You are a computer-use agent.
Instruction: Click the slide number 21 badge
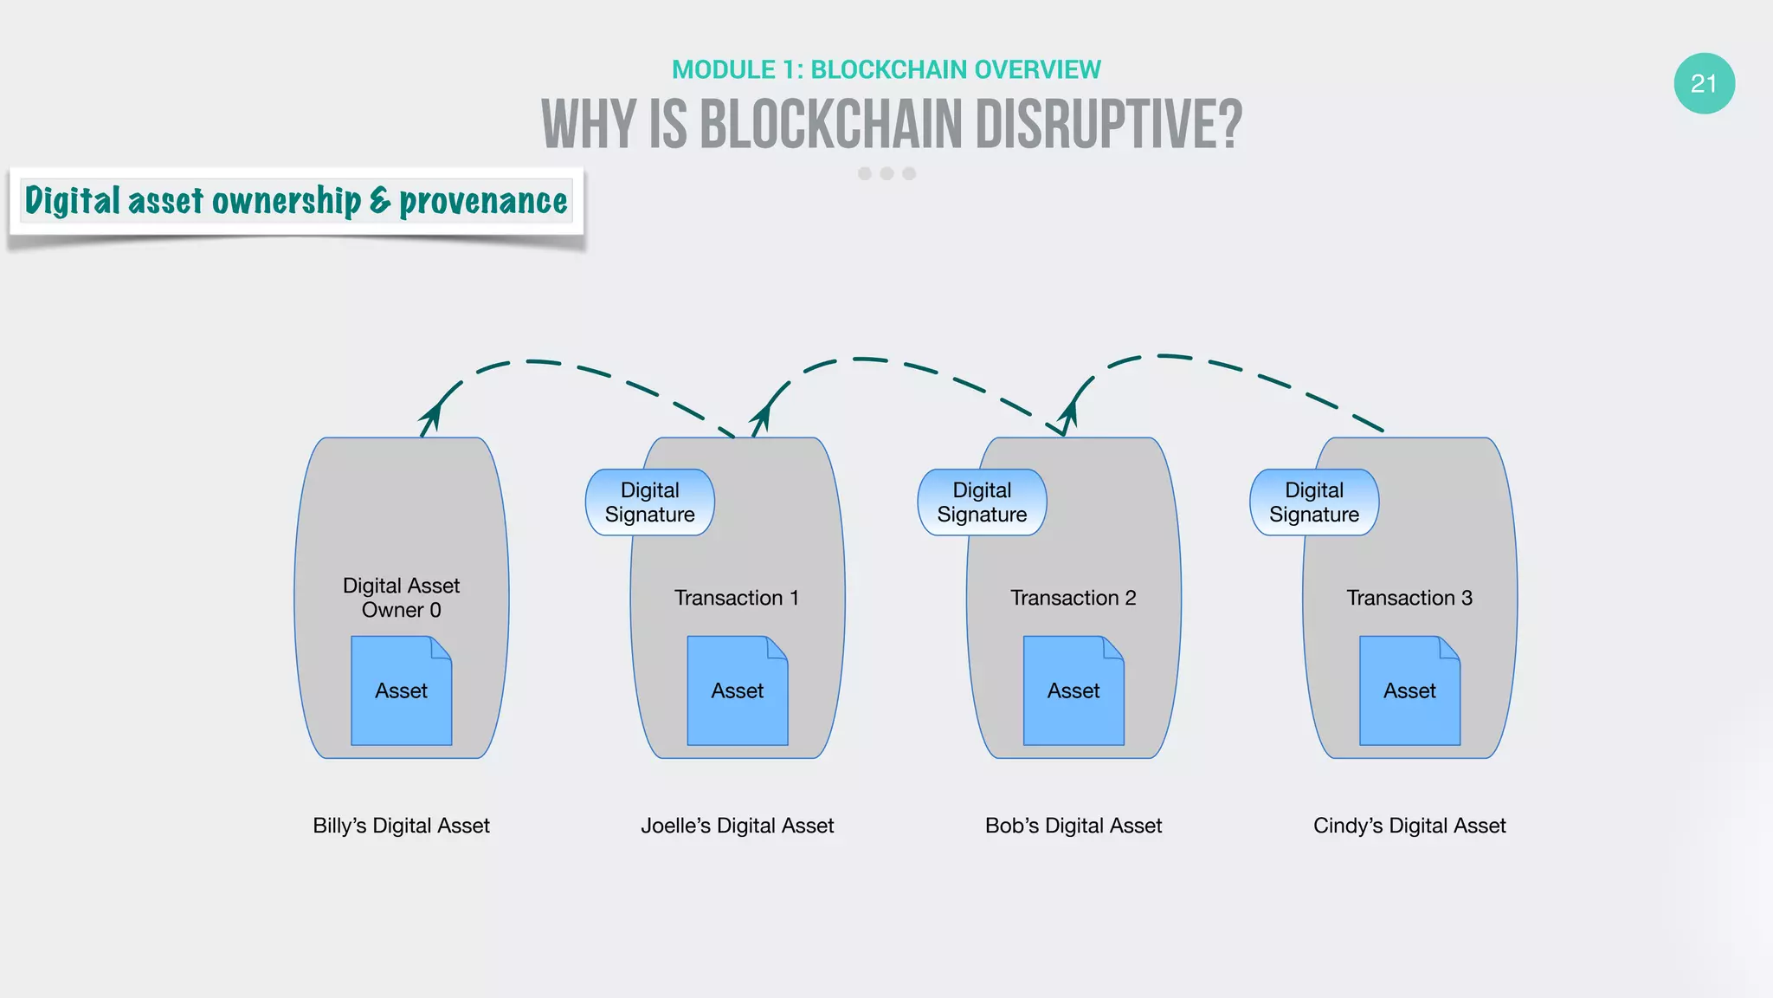pos(1704,83)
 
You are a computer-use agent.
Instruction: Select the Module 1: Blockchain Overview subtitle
pos(886,69)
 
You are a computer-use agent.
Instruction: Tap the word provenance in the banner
pos(483,201)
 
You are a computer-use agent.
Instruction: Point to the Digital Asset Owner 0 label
pos(401,598)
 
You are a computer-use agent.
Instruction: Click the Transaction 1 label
pos(737,598)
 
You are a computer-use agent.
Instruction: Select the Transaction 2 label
pos(1073,598)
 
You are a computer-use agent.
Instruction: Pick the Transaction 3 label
pos(1409,598)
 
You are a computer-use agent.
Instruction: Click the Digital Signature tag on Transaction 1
pos(649,502)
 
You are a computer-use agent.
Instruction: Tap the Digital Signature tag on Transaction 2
pos(982,502)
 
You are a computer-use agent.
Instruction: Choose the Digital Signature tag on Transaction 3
pos(1314,502)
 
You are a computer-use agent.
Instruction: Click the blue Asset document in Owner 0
pos(401,690)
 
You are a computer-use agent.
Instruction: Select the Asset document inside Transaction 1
pos(737,690)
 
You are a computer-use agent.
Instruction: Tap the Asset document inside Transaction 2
pos(1073,690)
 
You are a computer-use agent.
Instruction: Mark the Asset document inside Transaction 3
pos(1409,690)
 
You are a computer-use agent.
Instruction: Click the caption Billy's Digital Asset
pos(401,826)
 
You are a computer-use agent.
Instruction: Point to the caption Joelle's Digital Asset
pos(737,826)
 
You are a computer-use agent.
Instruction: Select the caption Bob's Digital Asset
pos(1073,826)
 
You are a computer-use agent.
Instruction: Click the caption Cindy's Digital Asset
pos(1409,826)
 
